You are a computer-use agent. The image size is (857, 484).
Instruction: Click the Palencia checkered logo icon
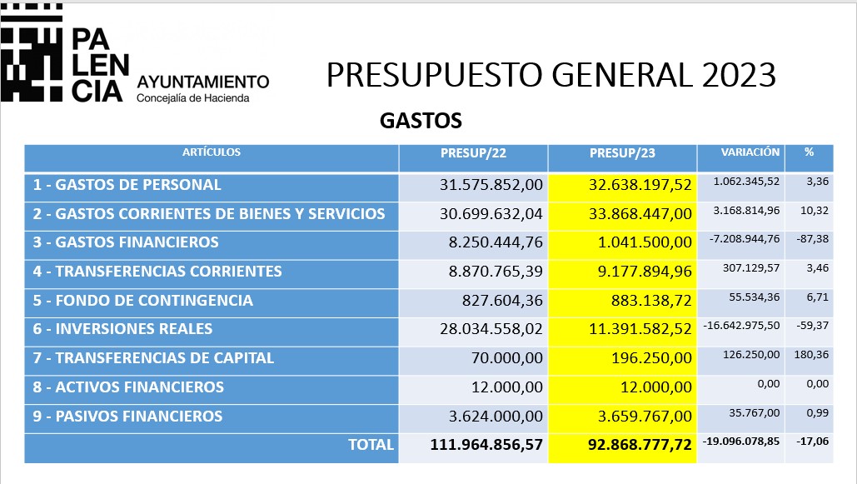click(32, 53)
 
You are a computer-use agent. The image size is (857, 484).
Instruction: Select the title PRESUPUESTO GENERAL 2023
click(551, 75)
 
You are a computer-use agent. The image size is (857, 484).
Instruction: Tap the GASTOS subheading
click(421, 121)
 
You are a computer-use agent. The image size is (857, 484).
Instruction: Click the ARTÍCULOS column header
click(212, 152)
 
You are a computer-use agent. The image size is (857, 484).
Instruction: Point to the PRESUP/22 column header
click(473, 153)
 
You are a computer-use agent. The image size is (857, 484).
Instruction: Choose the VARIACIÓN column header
click(750, 152)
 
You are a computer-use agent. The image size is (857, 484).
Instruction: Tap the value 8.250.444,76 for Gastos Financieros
click(496, 242)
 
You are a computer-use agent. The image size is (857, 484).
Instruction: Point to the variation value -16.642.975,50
click(741, 326)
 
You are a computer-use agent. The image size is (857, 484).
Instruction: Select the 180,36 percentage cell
click(811, 355)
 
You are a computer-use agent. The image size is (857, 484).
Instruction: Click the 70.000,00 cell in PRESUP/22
click(507, 358)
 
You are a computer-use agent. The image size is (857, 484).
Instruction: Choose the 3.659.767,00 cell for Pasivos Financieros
click(645, 417)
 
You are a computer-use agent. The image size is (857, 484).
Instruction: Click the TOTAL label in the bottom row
click(371, 445)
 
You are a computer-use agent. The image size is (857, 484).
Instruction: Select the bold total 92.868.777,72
click(640, 445)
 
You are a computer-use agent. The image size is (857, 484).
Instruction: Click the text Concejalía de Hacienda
click(193, 98)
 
